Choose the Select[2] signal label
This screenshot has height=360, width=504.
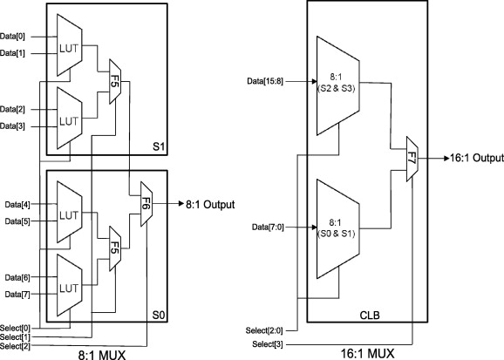coord(16,346)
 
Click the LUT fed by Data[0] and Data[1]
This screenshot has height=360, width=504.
coord(69,45)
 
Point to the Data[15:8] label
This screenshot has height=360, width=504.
coord(269,80)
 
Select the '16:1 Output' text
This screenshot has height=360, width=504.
coord(474,158)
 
